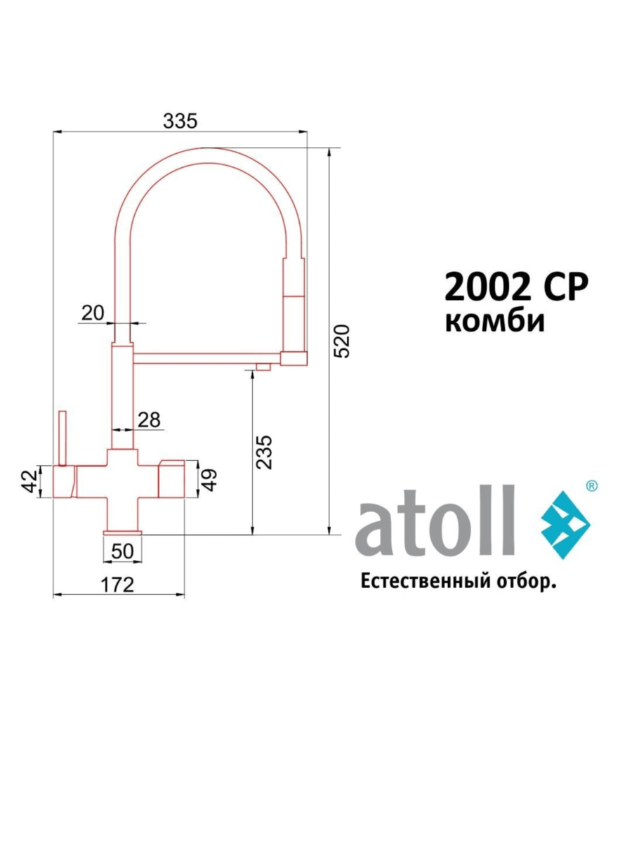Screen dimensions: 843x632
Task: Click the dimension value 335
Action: [x=180, y=121]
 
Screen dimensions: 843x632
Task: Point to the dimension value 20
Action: [x=93, y=313]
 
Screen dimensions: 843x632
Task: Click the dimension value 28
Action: [x=148, y=420]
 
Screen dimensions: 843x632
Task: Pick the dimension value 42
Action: [x=30, y=481]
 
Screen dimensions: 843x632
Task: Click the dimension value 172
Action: [x=117, y=584]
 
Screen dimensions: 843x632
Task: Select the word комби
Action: [x=495, y=321]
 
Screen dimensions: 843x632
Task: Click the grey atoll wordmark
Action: [x=436, y=521]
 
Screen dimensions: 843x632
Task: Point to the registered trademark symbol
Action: [x=591, y=485]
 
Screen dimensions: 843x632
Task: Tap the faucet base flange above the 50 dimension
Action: [x=123, y=533]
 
